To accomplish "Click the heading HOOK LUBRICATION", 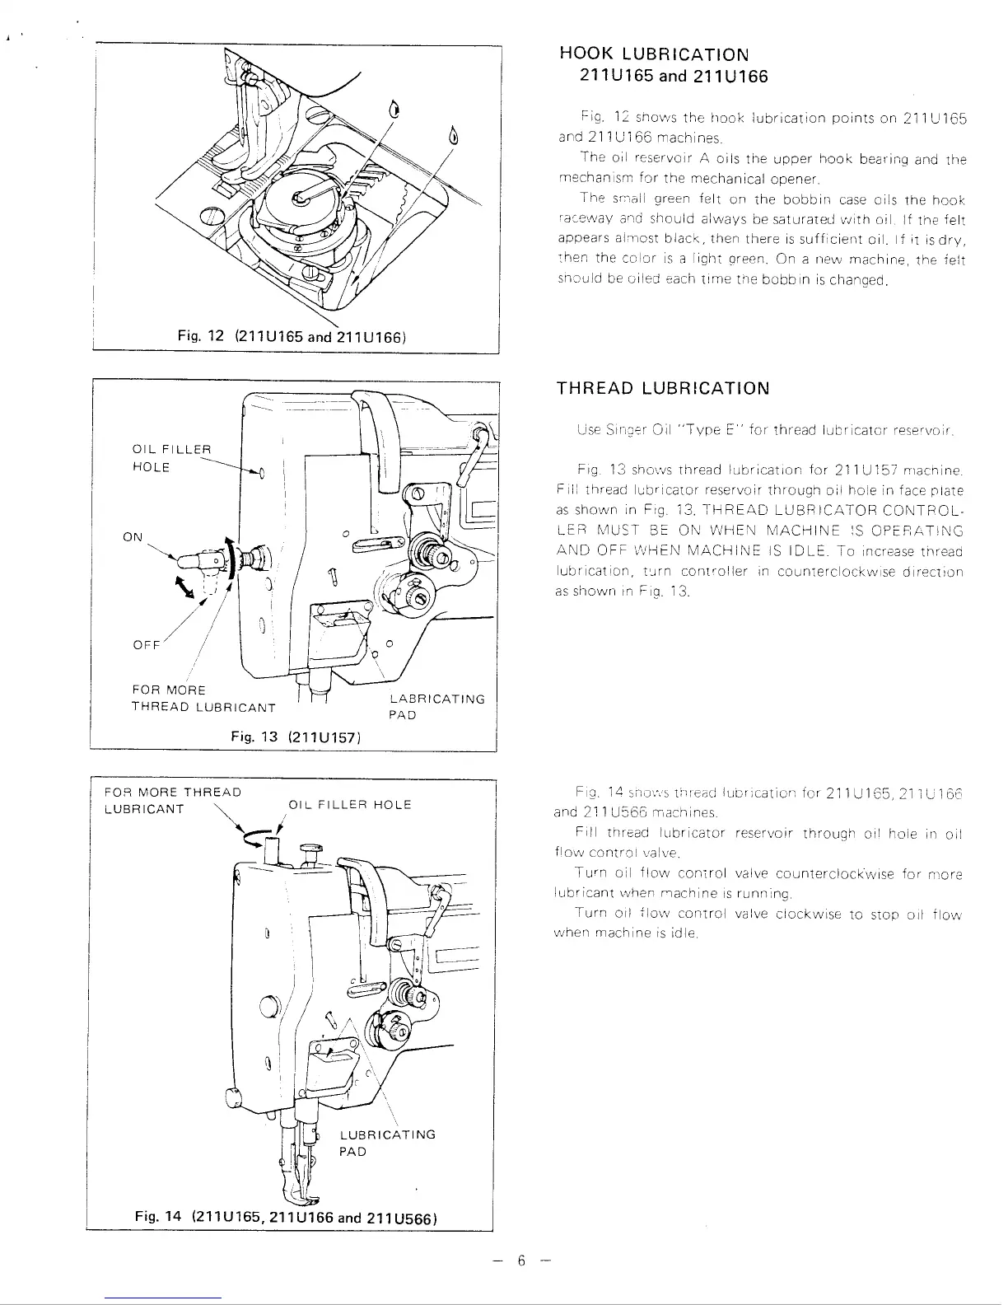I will pyautogui.click(x=654, y=54).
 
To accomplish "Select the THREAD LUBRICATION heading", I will pyautogui.click(x=663, y=388).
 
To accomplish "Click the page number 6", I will pyautogui.click(x=520, y=1261).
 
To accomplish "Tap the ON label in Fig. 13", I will pyautogui.click(x=133, y=537).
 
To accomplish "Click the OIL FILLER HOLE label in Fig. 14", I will pyautogui.click(x=349, y=804).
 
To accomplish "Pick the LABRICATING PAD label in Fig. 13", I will pyautogui.click(x=436, y=707).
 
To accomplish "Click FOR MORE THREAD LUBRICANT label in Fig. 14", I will pyautogui.click(x=173, y=800).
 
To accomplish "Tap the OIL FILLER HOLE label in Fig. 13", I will pyautogui.click(x=172, y=458).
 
